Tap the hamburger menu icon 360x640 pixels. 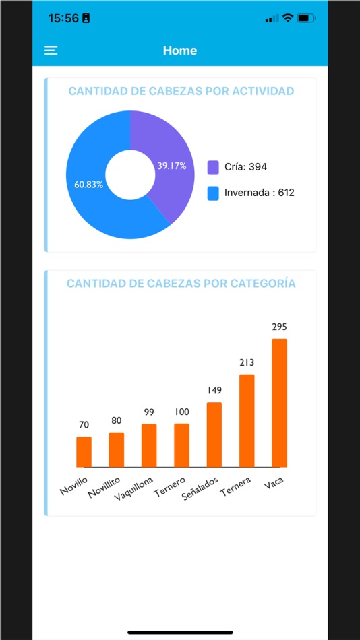point(51,51)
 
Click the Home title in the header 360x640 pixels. point(180,51)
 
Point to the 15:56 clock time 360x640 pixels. point(63,18)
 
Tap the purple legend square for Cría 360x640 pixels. point(213,167)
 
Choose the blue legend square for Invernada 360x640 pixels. point(213,193)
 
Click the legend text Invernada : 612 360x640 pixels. point(260,193)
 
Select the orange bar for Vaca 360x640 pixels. point(279,403)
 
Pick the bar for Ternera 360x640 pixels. point(247,420)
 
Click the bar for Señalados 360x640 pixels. point(214,435)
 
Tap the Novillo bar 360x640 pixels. point(84,452)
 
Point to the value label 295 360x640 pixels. point(279,327)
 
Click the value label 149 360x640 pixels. point(214,391)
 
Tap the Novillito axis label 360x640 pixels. point(107,486)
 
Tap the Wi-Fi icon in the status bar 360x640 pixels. point(288,18)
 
